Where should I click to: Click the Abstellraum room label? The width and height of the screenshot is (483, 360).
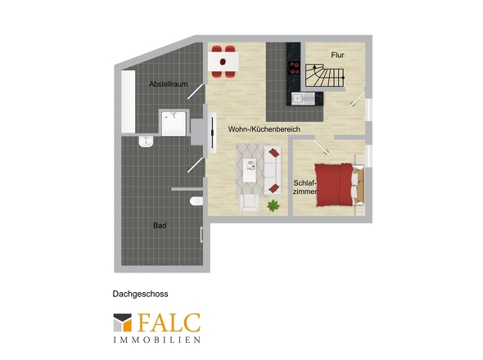[x=168, y=83]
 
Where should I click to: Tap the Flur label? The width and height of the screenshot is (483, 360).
[x=337, y=55]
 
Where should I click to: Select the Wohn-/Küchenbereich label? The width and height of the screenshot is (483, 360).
[x=264, y=129]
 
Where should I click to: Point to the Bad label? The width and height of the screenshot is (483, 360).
[x=160, y=226]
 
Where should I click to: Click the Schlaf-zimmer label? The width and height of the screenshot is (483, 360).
[x=305, y=187]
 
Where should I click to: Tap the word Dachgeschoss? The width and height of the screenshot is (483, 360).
[x=141, y=294]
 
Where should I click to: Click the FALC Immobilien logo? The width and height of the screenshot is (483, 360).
[x=157, y=328]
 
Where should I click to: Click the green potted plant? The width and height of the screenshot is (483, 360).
[x=273, y=205]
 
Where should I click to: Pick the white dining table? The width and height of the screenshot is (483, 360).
[x=223, y=61]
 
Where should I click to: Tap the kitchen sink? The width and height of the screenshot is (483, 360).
[x=303, y=98]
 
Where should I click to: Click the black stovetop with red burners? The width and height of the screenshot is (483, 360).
[x=294, y=68]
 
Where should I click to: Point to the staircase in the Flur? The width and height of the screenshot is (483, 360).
[x=325, y=75]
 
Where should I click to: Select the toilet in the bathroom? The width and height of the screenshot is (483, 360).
[x=196, y=201]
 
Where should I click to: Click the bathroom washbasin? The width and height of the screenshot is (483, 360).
[x=146, y=142]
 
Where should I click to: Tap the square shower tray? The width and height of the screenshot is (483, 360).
[x=174, y=124]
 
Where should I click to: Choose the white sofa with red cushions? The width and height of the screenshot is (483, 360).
[x=273, y=170]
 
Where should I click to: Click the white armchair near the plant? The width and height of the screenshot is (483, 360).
[x=250, y=203]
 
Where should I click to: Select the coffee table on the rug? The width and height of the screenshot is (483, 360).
[x=250, y=170]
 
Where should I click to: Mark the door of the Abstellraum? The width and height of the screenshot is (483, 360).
[x=196, y=92]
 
